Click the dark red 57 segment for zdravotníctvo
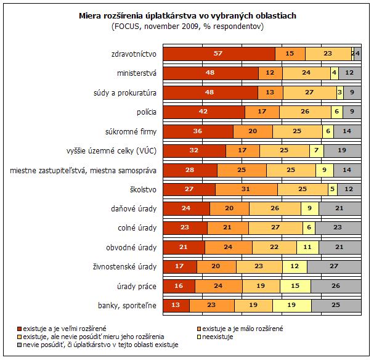(219, 54)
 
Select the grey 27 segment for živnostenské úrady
(334, 266)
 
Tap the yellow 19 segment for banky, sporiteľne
(292, 305)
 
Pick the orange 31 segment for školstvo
(246, 189)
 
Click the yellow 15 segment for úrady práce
(295, 286)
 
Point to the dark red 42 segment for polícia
(204, 112)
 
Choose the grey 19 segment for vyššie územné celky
(343, 151)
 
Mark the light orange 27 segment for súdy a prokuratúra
(310, 92)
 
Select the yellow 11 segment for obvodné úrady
(307, 247)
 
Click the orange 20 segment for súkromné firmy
(253, 131)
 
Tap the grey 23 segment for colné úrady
(338, 228)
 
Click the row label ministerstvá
(137, 73)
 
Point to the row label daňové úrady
(134, 209)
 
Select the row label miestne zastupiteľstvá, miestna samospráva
(83, 171)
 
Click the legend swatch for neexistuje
(199, 337)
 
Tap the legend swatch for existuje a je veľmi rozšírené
(20, 329)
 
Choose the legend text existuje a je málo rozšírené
(243, 329)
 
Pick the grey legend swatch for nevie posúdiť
(20, 345)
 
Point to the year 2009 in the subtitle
(190, 27)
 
